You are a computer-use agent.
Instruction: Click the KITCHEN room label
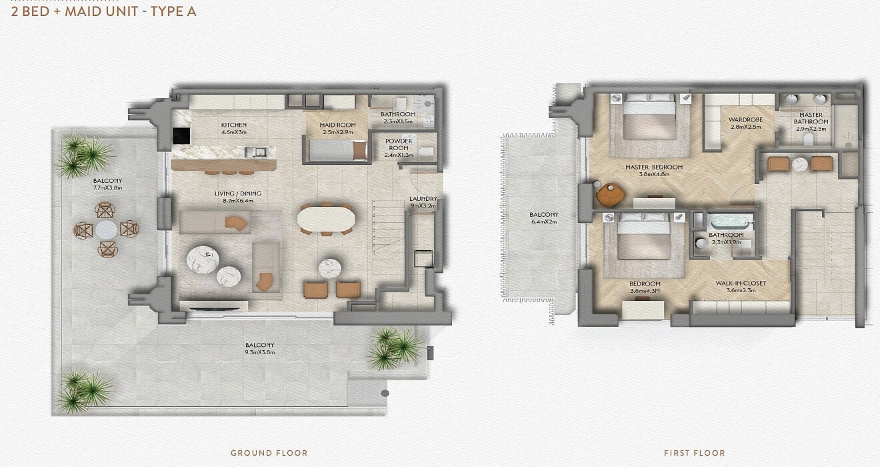coord(234,125)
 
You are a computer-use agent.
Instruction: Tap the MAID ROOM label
coord(337,125)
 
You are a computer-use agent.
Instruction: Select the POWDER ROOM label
coord(399,144)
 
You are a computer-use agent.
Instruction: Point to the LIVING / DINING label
coord(238,193)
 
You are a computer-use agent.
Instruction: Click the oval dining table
coord(326,218)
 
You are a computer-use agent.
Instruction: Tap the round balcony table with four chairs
coord(106,229)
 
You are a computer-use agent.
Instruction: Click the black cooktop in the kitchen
coord(181,136)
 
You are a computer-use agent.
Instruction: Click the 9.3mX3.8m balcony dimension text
coord(260,352)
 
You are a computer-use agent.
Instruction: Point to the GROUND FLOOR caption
coord(269,453)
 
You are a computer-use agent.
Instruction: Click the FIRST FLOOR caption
coord(695,453)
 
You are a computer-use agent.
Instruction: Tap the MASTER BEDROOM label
coord(654,167)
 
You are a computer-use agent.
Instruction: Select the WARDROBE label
coord(745,119)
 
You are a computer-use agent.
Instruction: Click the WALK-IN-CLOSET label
coord(741,283)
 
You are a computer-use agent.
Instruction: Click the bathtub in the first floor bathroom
coord(730,222)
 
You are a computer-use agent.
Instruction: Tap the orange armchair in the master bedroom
coord(610,195)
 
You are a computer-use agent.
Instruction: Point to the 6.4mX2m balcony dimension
coord(544,221)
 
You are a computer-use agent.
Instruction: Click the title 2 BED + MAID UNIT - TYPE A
coord(104,11)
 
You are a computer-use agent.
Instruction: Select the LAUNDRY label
coord(423,199)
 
